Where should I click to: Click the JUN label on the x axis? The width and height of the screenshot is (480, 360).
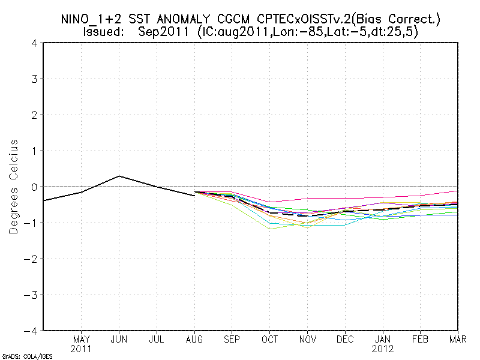click(x=119, y=338)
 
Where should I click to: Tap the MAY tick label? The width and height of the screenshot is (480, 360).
click(x=81, y=338)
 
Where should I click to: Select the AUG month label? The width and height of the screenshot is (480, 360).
click(x=194, y=338)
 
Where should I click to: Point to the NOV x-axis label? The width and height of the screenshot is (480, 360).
click(x=308, y=338)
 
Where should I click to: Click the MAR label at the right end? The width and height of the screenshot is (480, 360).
click(x=458, y=338)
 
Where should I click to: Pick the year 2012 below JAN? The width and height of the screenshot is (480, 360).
click(x=383, y=348)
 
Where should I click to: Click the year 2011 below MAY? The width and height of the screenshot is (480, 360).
click(x=81, y=348)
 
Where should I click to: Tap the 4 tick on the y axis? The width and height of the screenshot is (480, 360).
click(x=35, y=43)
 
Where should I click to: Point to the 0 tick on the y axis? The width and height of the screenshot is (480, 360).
click(x=35, y=187)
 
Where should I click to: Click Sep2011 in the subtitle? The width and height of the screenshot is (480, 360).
click(x=163, y=32)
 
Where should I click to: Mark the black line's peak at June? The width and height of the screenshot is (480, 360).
click(x=119, y=176)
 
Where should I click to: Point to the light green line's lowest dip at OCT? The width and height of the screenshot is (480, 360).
click(x=270, y=229)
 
